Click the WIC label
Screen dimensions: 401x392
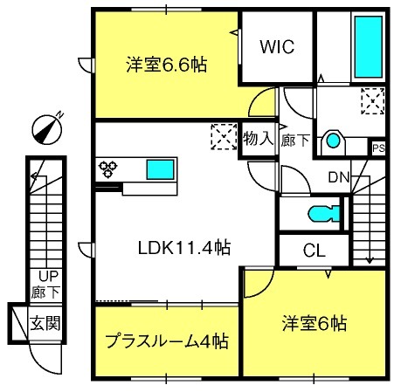[277, 46]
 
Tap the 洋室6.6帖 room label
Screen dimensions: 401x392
[167, 65]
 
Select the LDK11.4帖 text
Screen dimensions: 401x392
[184, 248]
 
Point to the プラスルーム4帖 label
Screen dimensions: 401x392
[167, 340]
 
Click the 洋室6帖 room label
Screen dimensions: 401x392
[315, 323]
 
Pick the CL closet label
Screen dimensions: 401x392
[314, 251]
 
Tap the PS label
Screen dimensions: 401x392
[379, 148]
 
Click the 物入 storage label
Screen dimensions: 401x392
[259, 138]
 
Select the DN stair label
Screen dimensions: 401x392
[339, 177]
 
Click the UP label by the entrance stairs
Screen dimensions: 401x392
[49, 276]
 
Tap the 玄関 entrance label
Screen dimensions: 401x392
[45, 323]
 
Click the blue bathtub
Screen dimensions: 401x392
[369, 47]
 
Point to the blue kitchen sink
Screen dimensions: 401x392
[161, 169]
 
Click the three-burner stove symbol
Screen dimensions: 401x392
[107, 169]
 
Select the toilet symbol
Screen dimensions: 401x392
[324, 214]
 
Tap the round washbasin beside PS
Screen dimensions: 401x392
[333, 141]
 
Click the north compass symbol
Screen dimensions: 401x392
[47, 129]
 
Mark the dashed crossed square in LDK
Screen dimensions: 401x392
[224, 137]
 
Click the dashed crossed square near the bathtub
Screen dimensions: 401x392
[373, 101]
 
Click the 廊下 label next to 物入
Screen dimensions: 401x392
[294, 141]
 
